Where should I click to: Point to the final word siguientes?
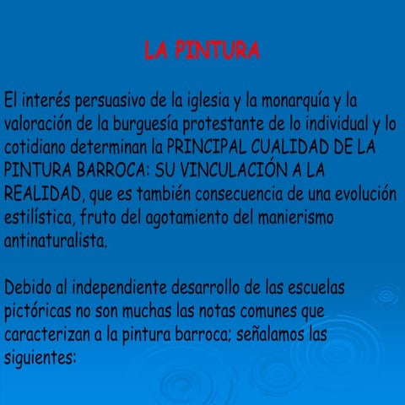[40, 359]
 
